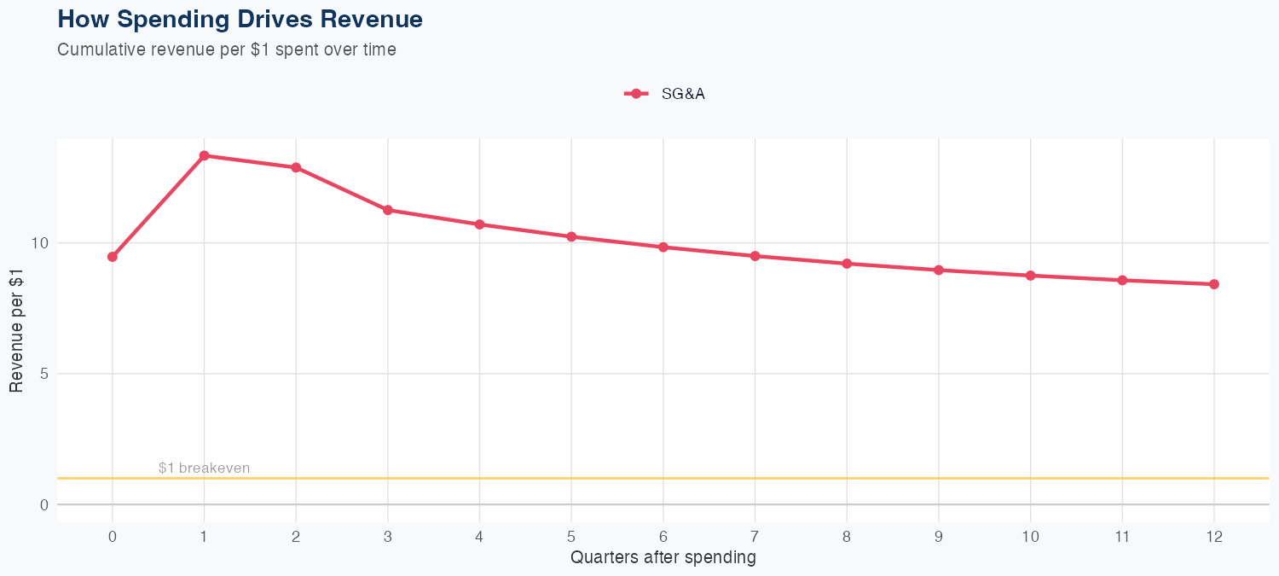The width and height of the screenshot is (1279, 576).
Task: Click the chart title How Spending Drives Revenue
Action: [240, 19]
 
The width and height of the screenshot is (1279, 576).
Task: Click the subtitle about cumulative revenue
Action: [227, 49]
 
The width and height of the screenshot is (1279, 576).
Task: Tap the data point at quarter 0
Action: [113, 257]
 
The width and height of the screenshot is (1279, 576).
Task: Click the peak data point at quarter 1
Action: [204, 155]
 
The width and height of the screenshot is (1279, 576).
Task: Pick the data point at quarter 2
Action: [296, 167]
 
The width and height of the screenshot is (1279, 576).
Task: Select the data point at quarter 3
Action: [388, 210]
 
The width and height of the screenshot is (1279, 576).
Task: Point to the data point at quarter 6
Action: [663, 247]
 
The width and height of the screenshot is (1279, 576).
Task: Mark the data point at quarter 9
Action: [939, 270]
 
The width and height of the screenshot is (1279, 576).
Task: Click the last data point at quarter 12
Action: [1214, 284]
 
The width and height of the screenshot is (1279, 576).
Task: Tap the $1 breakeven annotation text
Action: [204, 468]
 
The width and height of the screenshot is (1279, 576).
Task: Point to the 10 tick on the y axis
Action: [40, 243]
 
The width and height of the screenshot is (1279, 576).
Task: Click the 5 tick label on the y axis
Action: [44, 374]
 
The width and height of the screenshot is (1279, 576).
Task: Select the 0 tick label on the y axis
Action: [44, 505]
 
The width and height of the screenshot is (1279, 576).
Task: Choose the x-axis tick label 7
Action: [755, 537]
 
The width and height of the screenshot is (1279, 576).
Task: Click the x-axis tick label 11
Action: [1122, 537]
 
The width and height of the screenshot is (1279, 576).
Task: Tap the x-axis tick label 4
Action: [479, 537]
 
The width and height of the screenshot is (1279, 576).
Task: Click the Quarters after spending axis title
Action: [663, 558]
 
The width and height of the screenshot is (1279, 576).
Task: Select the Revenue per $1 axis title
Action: [16, 329]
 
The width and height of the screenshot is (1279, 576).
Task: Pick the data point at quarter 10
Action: [1030, 276]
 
